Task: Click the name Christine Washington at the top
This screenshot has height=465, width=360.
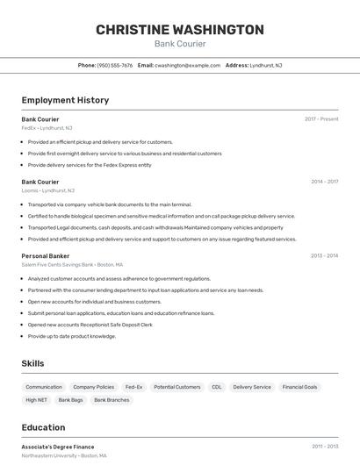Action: pos(179,30)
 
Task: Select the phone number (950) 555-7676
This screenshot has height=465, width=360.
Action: pos(115,65)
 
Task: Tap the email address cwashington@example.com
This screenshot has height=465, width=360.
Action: pos(187,65)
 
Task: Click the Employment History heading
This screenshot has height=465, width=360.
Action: pos(65,100)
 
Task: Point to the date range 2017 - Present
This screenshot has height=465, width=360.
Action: pos(321,119)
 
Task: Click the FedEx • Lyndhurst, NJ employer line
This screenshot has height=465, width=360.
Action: pos(47,128)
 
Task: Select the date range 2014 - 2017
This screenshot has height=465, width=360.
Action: pos(324,182)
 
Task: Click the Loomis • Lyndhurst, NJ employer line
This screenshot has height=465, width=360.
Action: pos(48,190)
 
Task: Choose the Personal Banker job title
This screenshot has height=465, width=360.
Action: pos(46,256)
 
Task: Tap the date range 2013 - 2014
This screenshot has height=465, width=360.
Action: pos(324,256)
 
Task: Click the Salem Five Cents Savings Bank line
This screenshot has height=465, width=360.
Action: pos(73,265)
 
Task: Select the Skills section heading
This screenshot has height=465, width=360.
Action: pos(33,362)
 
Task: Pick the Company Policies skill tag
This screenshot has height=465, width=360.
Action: pos(93,387)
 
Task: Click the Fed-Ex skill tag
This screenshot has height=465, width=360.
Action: pos(133,387)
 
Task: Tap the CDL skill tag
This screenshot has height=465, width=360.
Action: pos(216,387)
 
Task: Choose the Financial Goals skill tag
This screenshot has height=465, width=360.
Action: pos(299,387)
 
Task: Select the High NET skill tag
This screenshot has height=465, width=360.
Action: pos(37,400)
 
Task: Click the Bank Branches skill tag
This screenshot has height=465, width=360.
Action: pos(112,400)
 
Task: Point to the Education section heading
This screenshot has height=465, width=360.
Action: pos(44,427)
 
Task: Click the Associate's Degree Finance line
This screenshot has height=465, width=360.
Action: pos(58,447)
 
